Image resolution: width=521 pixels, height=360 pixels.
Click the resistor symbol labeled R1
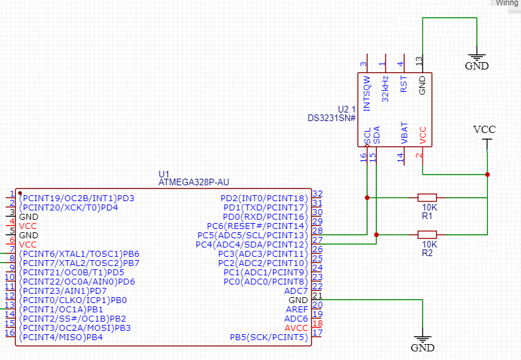pos(427,197)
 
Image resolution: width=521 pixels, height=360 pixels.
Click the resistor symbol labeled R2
pos(427,234)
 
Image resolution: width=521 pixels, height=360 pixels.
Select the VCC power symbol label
pos(485,129)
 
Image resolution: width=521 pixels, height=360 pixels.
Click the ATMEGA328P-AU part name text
pos(194,182)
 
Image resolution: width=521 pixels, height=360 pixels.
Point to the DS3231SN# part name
pos(332,118)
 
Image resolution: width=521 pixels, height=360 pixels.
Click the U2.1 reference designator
pos(346,109)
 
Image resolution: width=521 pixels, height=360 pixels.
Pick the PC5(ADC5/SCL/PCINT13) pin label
pos(253,235)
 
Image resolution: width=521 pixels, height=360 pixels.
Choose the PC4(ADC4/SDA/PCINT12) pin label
pos(252,244)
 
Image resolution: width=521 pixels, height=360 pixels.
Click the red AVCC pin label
pos(296,328)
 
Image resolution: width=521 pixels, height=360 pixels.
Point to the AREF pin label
pos(296,309)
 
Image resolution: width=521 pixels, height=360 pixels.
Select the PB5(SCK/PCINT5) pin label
pos(268,337)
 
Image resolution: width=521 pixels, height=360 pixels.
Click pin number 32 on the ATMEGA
pos(317,194)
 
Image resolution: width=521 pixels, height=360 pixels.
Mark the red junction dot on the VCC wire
pos(487,175)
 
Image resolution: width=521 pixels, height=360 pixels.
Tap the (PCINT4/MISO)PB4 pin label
pos(61,337)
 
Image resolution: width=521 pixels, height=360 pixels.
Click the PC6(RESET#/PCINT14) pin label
pos(258,226)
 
